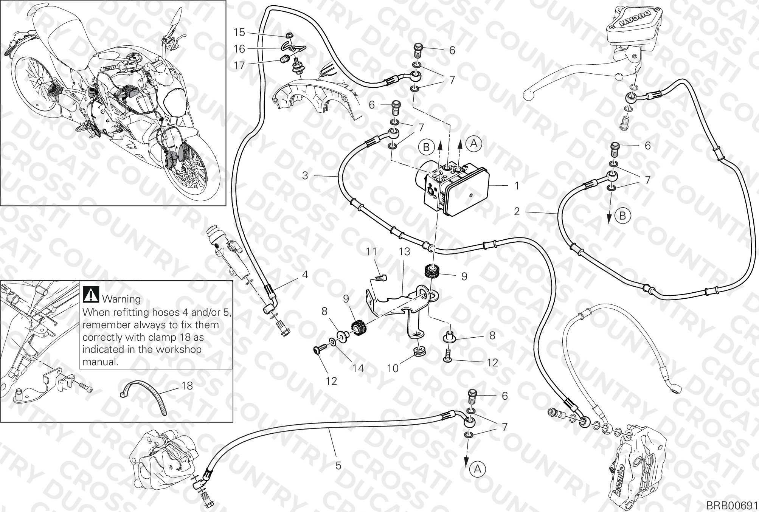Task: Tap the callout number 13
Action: (404, 252)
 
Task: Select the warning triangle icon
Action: (91, 294)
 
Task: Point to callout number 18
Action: (187, 386)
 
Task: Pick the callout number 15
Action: (239, 32)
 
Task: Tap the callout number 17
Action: (239, 65)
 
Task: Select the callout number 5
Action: (338, 465)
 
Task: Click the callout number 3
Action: (306, 175)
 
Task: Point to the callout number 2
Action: (517, 211)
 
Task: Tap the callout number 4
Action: (305, 275)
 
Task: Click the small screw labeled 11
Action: (381, 279)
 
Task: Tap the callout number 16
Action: (239, 49)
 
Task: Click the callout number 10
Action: (393, 368)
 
